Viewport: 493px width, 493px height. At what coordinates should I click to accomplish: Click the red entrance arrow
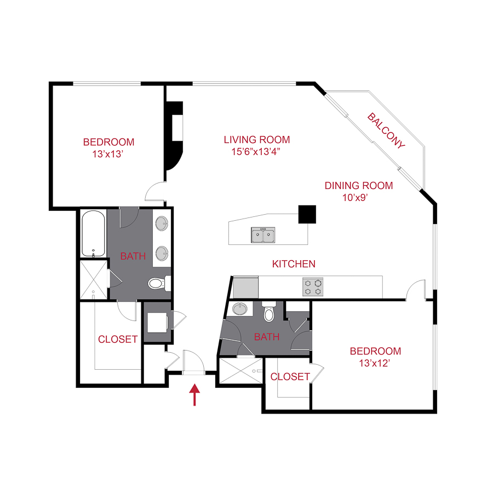(x=194, y=394)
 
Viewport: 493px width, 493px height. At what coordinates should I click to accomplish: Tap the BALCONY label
(x=386, y=130)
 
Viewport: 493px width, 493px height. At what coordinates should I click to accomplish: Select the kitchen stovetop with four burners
(x=313, y=286)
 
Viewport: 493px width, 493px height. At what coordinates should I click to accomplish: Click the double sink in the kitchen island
(x=263, y=235)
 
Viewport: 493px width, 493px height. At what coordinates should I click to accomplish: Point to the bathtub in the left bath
(x=93, y=233)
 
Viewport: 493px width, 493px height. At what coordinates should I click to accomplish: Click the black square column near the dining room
(x=307, y=214)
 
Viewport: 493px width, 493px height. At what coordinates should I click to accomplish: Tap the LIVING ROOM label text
(x=257, y=140)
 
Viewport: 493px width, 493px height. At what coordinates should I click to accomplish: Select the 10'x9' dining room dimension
(x=355, y=197)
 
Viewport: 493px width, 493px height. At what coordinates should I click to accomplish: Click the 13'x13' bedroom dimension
(x=107, y=154)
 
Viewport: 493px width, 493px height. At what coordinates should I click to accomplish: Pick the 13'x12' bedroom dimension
(x=375, y=363)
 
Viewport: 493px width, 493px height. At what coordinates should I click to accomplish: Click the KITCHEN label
(x=294, y=264)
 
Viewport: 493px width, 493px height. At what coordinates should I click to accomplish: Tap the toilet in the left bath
(x=159, y=283)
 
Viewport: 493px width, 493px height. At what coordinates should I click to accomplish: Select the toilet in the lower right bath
(x=269, y=312)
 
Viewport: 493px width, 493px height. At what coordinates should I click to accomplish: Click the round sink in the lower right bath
(x=240, y=308)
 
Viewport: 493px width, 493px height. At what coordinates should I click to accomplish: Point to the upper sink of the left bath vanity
(x=162, y=223)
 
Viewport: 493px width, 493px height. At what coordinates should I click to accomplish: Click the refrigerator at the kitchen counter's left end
(x=245, y=287)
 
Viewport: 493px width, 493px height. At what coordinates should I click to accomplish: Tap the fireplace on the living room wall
(x=174, y=135)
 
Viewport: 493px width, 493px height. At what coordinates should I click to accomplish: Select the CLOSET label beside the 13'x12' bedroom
(x=290, y=377)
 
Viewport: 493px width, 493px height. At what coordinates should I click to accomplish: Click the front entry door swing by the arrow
(x=194, y=362)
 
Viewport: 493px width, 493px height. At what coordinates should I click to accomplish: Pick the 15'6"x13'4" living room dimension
(x=256, y=152)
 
